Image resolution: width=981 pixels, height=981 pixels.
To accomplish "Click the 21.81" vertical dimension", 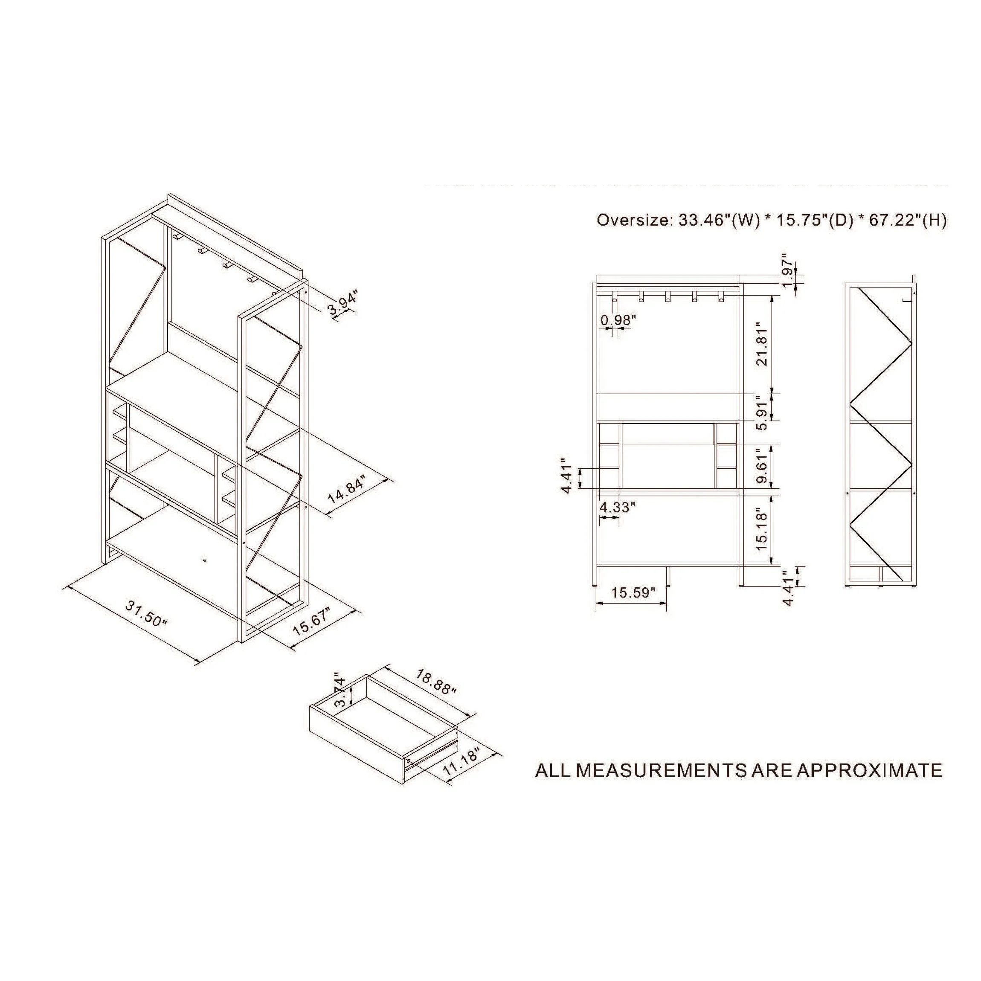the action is (x=763, y=344).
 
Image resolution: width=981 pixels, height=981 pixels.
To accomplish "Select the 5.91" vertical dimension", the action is (x=763, y=413).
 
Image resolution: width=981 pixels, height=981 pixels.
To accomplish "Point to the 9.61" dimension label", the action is (x=763, y=466).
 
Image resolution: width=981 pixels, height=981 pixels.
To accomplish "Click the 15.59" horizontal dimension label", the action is (x=633, y=592).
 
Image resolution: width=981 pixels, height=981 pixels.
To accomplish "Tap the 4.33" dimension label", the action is (x=618, y=507).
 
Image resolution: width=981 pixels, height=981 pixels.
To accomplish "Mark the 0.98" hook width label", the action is (x=618, y=320).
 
